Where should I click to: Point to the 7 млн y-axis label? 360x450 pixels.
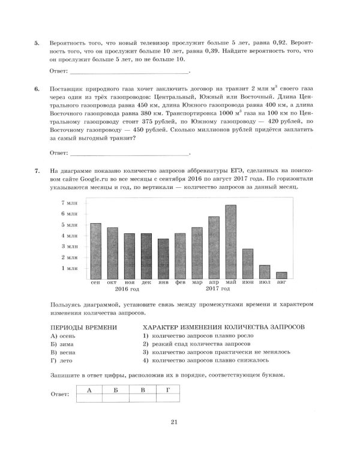click(x=70, y=203)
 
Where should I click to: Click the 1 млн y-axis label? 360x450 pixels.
click(x=70, y=268)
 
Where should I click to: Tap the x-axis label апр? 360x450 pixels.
click(x=214, y=282)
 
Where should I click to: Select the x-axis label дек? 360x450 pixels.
click(x=146, y=282)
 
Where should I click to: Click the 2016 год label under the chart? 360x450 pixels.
click(x=127, y=289)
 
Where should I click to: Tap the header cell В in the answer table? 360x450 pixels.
click(x=142, y=390)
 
